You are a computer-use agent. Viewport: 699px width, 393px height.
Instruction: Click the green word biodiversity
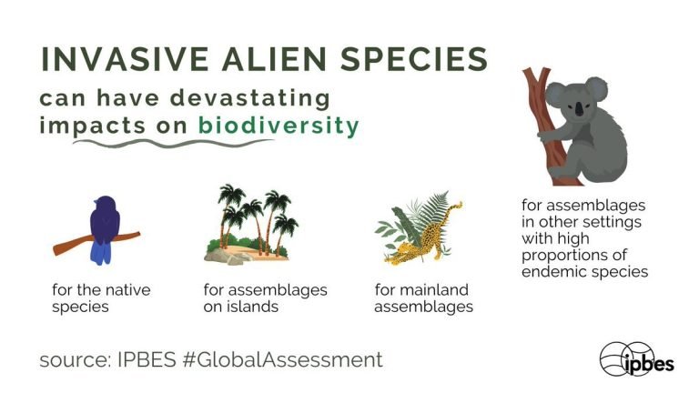pos(279,126)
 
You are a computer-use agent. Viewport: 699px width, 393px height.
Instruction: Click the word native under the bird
pos(129,290)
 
